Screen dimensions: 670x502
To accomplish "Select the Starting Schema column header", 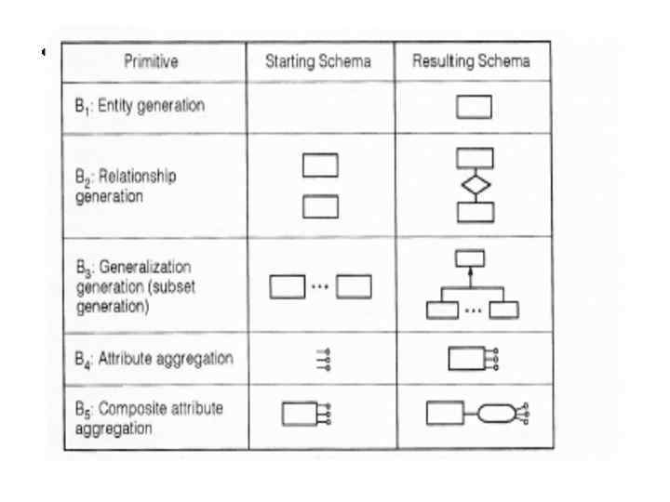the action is click(x=319, y=62).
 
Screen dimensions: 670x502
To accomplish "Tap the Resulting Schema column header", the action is click(x=472, y=62).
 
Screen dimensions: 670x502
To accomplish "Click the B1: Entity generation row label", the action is click(x=140, y=105).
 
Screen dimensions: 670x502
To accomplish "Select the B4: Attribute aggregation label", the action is click(x=154, y=358).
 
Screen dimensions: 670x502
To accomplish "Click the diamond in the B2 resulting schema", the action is click(x=474, y=184).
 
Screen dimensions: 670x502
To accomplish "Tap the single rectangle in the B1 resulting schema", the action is click(x=474, y=108).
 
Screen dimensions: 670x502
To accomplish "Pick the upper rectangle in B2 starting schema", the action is click(x=320, y=165).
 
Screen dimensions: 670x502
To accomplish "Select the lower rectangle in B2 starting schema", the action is click(x=320, y=205).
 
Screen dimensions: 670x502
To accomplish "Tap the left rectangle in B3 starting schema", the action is click(x=287, y=287).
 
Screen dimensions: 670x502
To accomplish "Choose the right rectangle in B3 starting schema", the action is click(x=354, y=287).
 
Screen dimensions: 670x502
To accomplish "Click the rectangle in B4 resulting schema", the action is click(x=465, y=359).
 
